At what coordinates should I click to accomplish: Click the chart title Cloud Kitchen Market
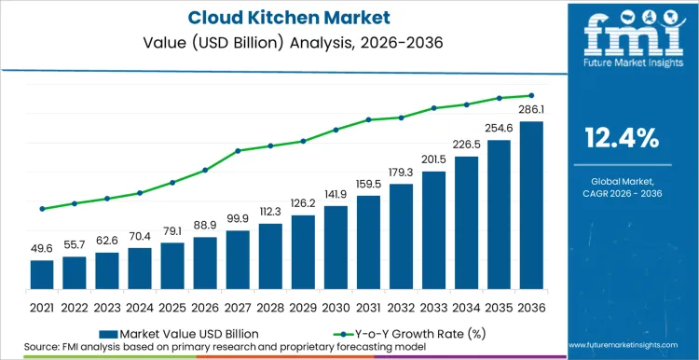(x=264, y=19)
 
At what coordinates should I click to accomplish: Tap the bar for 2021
(x=42, y=274)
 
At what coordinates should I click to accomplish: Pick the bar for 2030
(x=336, y=247)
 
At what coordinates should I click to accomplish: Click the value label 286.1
(x=531, y=110)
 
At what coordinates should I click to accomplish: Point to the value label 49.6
(x=42, y=249)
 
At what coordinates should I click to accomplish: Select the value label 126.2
(x=303, y=203)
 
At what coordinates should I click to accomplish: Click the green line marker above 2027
(x=238, y=151)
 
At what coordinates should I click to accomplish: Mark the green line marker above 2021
(x=42, y=209)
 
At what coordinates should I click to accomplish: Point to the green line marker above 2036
(x=531, y=95)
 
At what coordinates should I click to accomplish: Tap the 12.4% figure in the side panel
(x=622, y=139)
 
